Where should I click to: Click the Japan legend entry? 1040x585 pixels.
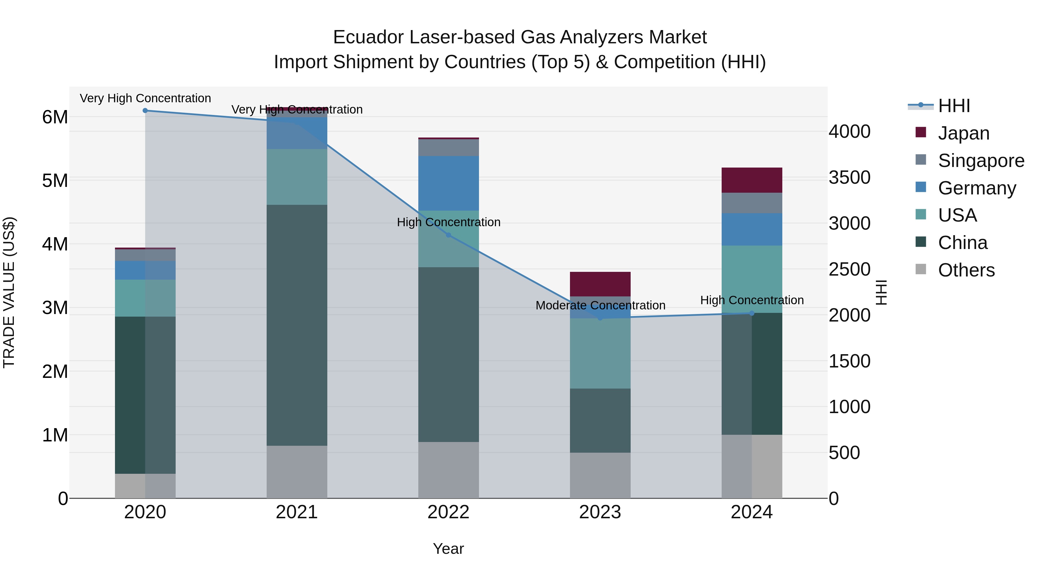point(963,133)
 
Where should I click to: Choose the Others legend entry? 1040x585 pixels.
point(966,270)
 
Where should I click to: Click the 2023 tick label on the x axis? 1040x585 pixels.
point(600,512)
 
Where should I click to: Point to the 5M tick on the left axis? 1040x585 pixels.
point(55,181)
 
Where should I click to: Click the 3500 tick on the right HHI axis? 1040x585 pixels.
point(849,178)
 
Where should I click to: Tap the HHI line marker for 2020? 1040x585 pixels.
point(145,111)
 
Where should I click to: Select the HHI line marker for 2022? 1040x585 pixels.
point(448,235)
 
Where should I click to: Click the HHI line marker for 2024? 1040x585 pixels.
point(752,313)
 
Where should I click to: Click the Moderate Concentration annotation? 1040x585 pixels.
point(600,305)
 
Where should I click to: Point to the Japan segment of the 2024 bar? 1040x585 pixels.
point(752,180)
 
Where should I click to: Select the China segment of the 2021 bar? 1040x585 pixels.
point(297,325)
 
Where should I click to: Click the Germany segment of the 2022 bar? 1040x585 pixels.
point(448,183)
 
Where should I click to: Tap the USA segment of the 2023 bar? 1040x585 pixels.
point(600,353)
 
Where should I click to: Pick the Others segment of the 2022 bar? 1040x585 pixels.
point(448,470)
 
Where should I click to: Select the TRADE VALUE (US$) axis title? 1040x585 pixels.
point(9,292)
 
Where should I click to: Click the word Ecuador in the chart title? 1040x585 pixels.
point(368,37)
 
